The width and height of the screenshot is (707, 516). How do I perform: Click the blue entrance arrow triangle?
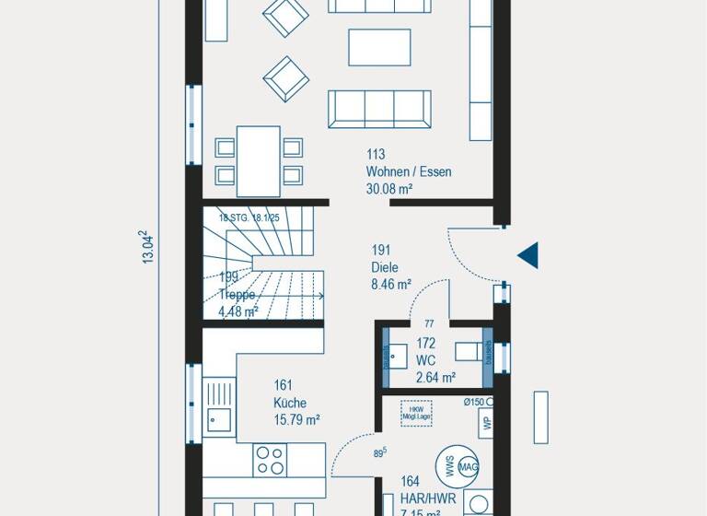pos(528,255)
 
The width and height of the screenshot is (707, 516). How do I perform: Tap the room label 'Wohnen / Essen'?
pos(408,171)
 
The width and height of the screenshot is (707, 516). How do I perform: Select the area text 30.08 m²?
pos(388,189)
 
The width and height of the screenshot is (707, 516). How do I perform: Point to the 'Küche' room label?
pos(289,403)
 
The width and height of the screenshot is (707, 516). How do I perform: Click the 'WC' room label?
pos(425,360)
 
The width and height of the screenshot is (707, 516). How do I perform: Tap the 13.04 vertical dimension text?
pos(147,247)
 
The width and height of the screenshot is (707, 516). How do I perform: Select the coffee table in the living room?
pos(379,47)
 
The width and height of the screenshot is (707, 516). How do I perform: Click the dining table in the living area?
pos(258,161)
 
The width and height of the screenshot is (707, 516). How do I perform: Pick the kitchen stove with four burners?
pos(270,459)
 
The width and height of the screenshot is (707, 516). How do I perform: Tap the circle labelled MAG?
pos(468,468)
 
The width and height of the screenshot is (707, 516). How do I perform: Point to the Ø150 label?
pos(474,402)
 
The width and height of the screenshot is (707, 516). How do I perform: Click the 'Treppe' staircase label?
pos(236,295)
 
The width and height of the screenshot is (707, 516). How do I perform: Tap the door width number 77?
pos(429,324)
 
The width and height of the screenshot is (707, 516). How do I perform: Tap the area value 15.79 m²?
pos(296,420)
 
